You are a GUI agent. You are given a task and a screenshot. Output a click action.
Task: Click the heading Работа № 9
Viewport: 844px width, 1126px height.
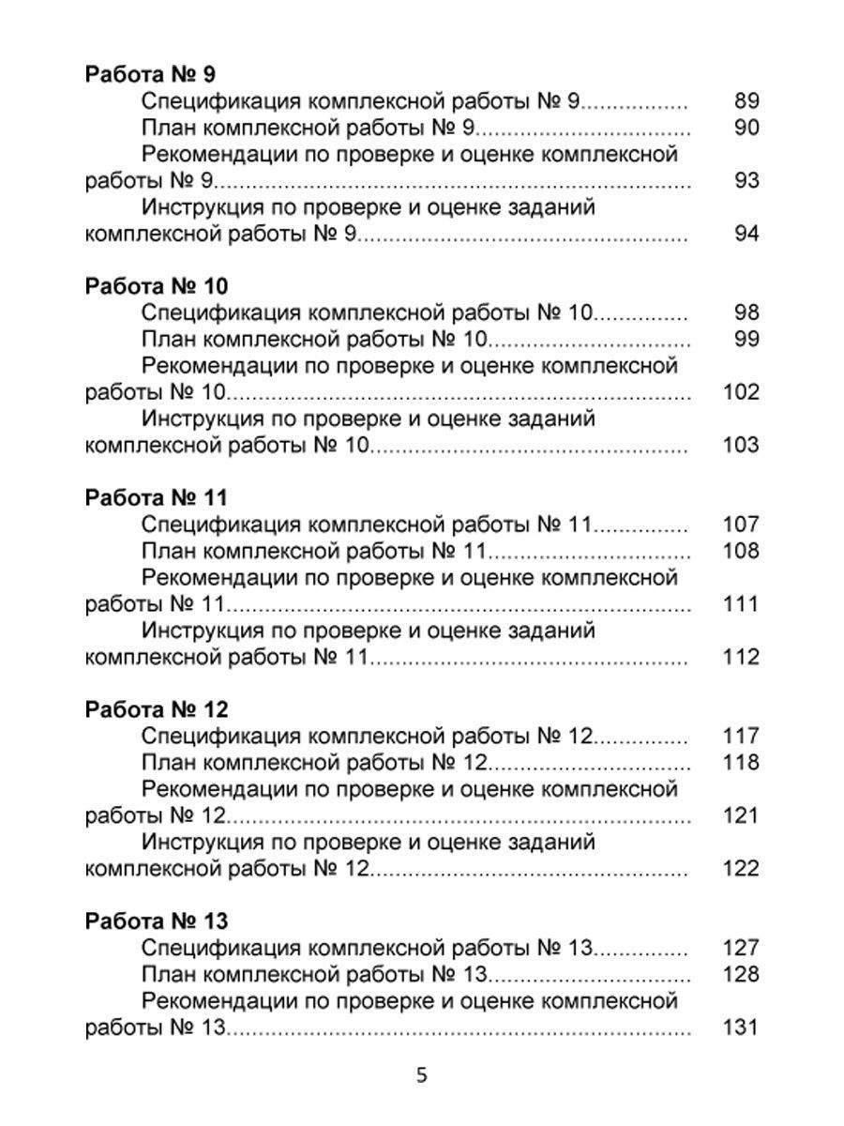click(151, 74)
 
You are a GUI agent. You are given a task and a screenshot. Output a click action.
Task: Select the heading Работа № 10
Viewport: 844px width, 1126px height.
click(157, 285)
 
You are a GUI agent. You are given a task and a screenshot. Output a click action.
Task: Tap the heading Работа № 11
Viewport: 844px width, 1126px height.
click(156, 497)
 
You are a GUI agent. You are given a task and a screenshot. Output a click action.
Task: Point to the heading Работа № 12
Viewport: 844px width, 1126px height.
click(157, 708)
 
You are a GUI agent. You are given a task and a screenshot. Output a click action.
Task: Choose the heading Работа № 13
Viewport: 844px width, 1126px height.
click(157, 921)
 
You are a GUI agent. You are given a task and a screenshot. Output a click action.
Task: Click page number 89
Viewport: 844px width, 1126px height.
click(746, 102)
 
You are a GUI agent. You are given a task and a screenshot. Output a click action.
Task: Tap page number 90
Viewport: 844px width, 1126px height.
click(746, 129)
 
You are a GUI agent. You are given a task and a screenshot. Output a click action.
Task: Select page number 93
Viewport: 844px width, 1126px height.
click(746, 180)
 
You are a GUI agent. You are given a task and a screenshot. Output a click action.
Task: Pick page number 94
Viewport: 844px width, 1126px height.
click(746, 234)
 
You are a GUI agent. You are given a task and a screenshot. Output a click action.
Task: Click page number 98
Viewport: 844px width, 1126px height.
click(746, 313)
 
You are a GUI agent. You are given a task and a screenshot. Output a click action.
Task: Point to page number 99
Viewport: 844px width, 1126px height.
click(746, 340)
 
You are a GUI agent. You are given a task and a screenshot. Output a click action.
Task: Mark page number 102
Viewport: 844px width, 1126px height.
click(742, 392)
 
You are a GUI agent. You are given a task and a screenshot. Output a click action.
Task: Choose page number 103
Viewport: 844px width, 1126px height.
click(742, 445)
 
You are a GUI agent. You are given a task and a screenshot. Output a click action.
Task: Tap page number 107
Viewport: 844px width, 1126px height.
click(742, 525)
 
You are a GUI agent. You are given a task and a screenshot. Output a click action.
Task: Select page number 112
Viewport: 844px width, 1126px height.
click(742, 657)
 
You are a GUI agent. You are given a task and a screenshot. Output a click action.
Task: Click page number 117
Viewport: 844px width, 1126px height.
click(742, 737)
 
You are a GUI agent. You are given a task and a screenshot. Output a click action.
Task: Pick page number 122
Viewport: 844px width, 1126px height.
click(742, 869)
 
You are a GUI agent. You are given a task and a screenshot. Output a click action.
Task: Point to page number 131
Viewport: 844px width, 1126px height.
click(742, 1027)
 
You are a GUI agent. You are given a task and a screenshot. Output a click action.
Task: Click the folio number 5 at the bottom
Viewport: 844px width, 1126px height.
click(422, 1075)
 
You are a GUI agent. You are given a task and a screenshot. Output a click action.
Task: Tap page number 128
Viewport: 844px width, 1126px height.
click(742, 974)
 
